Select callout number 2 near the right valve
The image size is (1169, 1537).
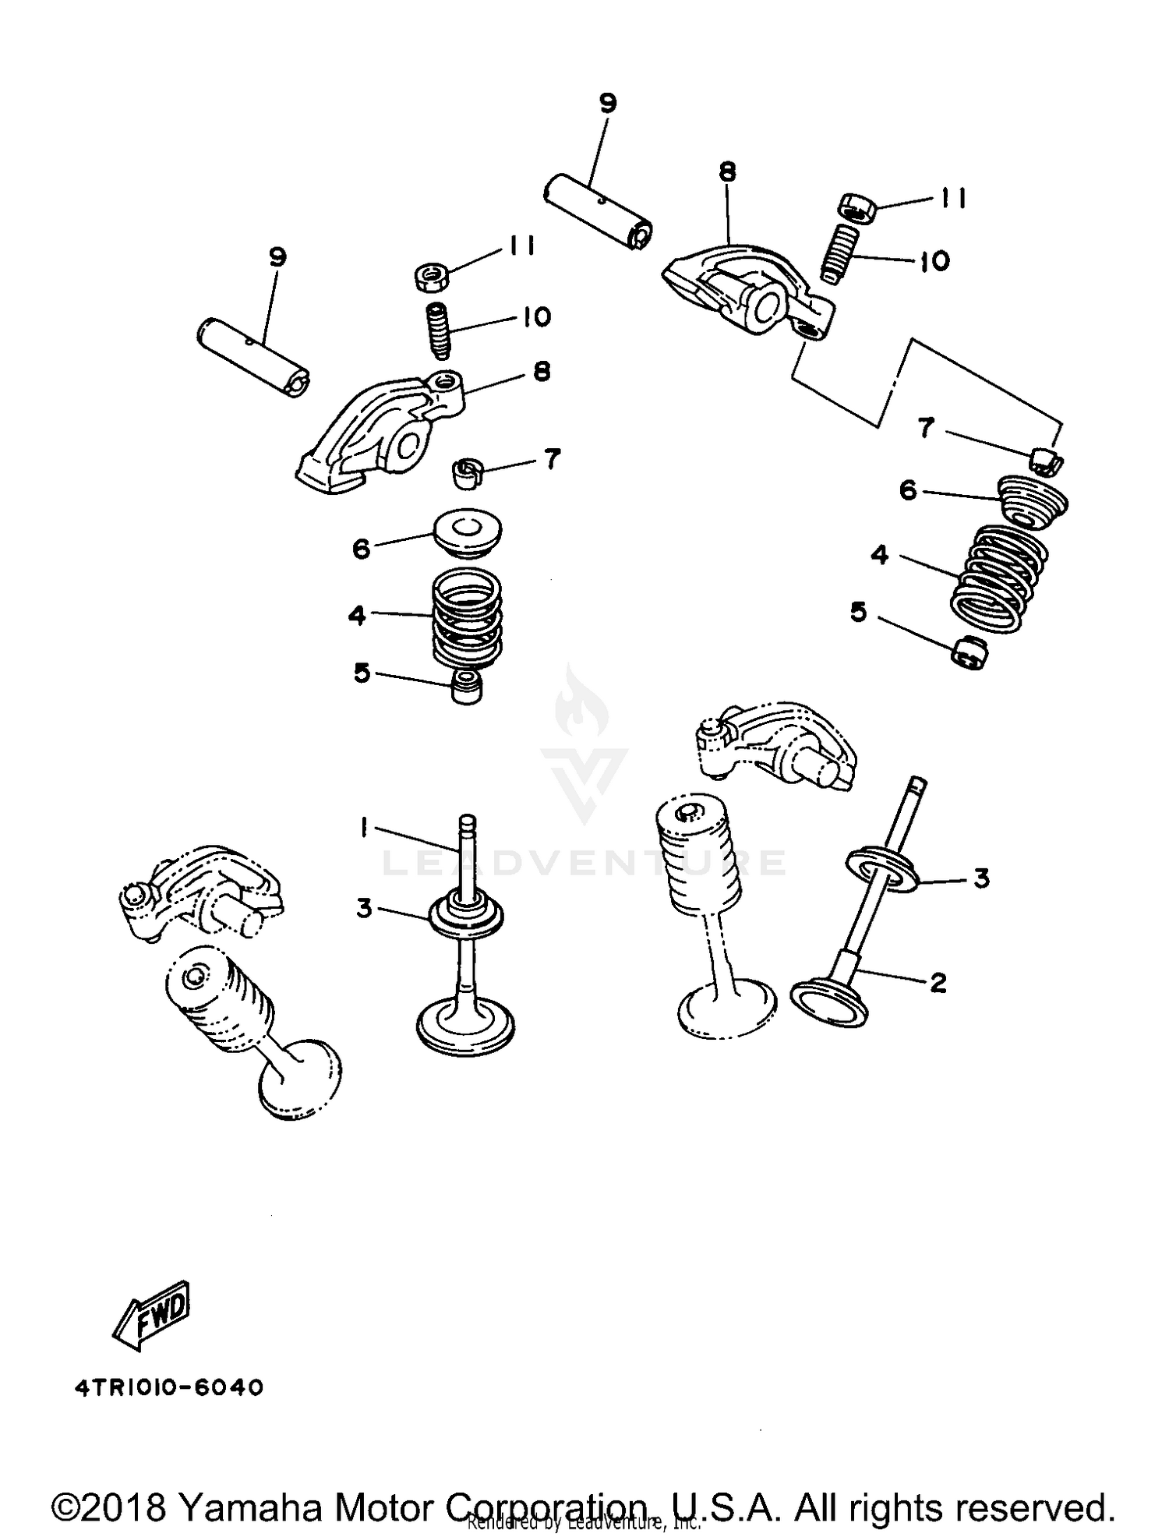[938, 982]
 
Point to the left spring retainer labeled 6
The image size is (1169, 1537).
[468, 533]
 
